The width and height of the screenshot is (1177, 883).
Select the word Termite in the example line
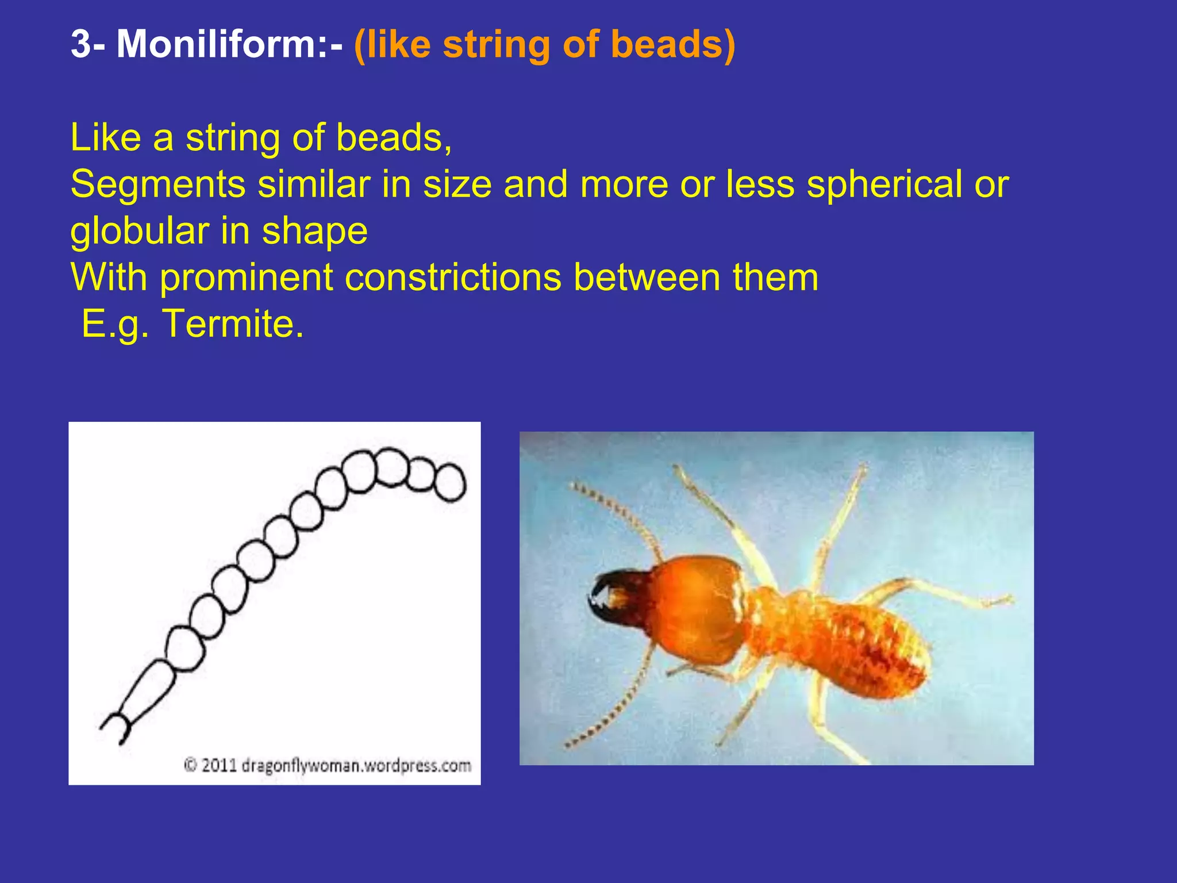(x=232, y=324)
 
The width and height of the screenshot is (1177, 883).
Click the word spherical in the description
(x=884, y=184)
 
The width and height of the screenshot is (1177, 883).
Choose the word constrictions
(x=452, y=277)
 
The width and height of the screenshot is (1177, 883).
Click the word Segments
(x=158, y=184)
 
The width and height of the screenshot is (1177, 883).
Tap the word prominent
(x=245, y=277)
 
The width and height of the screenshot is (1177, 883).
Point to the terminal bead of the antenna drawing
(x=449, y=482)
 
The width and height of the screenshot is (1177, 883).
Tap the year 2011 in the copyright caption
(x=219, y=766)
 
